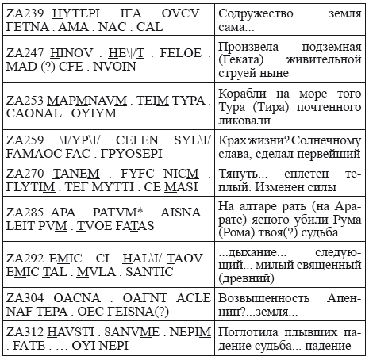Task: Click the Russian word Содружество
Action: [258, 14]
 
